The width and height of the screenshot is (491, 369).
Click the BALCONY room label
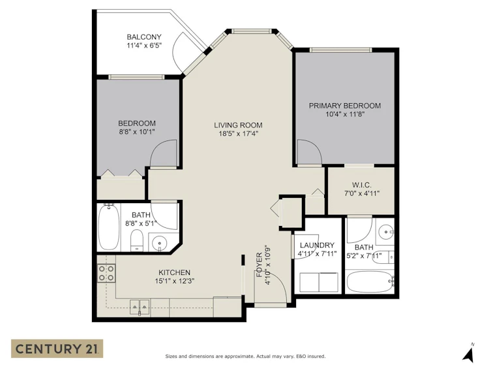[x=143, y=37]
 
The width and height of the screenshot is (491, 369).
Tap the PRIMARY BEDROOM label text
[x=345, y=106]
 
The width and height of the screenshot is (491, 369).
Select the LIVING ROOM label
[x=238, y=125]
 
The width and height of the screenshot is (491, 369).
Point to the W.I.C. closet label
[x=362, y=185]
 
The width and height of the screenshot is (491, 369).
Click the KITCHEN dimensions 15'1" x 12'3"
[x=175, y=281]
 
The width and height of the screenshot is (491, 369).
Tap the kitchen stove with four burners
[x=106, y=273]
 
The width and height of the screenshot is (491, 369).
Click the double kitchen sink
[x=140, y=307]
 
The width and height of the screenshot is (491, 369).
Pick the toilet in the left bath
[x=136, y=240]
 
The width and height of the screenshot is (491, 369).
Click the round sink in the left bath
[x=160, y=243]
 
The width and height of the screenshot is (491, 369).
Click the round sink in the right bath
[x=385, y=232]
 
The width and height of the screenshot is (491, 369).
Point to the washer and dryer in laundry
[x=319, y=282]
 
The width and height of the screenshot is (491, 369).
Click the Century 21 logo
[x=57, y=348]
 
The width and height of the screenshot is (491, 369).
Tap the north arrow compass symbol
[x=468, y=353]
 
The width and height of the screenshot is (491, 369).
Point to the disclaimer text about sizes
[x=245, y=356]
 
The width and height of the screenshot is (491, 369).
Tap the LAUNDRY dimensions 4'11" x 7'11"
[x=317, y=253]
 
